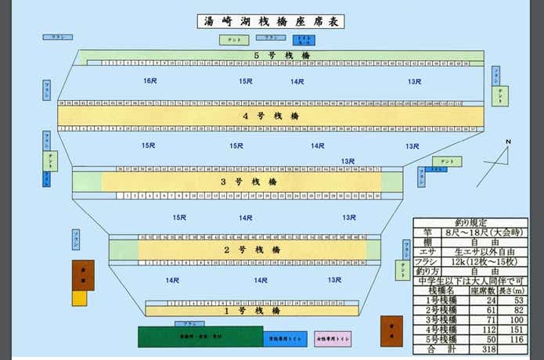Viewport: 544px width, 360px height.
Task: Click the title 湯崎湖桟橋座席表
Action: pyautogui.click(x=272, y=22)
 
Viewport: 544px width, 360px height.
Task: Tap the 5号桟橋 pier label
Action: pyautogui.click(x=272, y=56)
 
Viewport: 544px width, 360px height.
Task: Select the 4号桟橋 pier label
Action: pyautogui.click(x=272, y=116)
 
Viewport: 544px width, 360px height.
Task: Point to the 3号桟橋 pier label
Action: pyautogui.click(x=250, y=182)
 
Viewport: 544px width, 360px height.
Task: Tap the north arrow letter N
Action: pyautogui.click(x=508, y=142)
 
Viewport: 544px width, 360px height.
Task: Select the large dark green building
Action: pyautogui.click(x=200, y=337)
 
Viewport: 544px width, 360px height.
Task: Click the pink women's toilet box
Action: pyautogui.click(x=332, y=339)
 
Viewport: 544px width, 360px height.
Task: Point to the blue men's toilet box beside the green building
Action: pyautogui.click(x=284, y=337)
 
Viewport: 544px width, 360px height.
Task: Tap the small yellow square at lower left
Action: pyautogui.click(x=80, y=298)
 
